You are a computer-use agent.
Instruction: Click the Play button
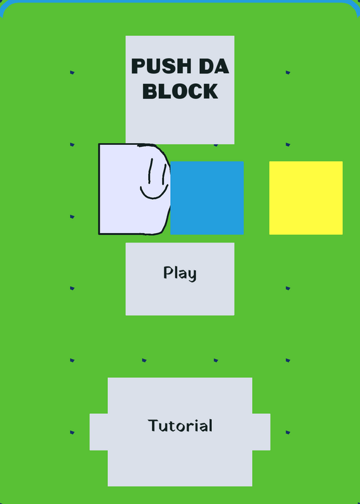[x=180, y=279]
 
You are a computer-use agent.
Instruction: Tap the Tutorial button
[x=180, y=432]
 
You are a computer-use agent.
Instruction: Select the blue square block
[x=207, y=198]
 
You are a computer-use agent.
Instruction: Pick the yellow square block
[x=306, y=198]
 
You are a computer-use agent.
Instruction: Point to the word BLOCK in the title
[x=180, y=91]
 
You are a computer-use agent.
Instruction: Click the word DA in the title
[x=214, y=66]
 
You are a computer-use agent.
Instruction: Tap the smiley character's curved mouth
[x=154, y=193]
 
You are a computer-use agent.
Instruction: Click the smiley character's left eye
[x=150, y=170]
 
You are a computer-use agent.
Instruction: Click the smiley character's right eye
[x=164, y=174]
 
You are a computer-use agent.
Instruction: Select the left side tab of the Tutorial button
[x=98, y=432]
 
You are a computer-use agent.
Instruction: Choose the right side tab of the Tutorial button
[x=261, y=432]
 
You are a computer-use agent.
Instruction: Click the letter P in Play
[x=168, y=272]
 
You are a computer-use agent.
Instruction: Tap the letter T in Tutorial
[x=153, y=425]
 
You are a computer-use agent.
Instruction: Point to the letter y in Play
[x=192, y=276]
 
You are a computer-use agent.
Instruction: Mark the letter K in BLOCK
[x=210, y=91]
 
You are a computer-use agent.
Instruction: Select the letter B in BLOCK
[x=149, y=91]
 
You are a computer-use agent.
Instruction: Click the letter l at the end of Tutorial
[x=211, y=425]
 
